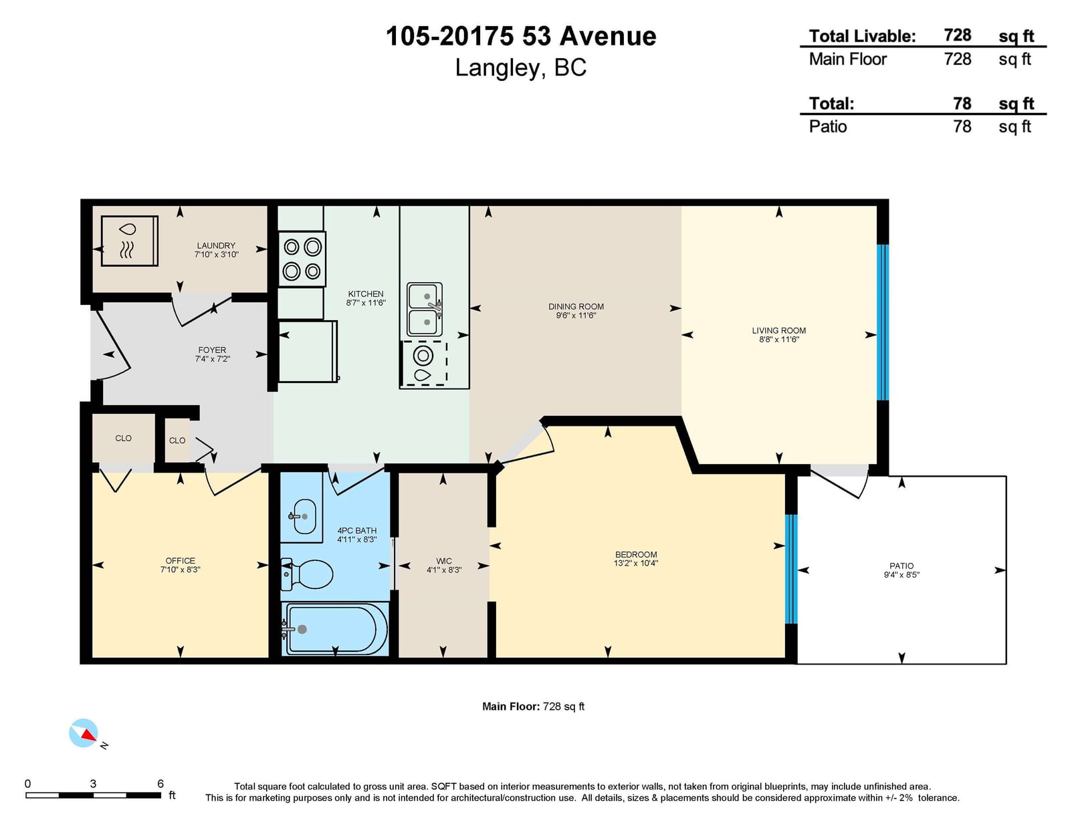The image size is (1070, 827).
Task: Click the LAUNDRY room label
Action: pos(216,245)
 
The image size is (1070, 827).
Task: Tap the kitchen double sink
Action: pos(425,309)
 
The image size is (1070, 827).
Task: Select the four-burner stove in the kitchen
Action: pos(302,259)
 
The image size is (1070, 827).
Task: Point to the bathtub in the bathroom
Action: pos(334,628)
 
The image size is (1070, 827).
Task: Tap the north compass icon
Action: pos(84,733)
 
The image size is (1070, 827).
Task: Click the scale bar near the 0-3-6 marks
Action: pos(93,795)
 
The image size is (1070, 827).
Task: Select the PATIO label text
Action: pos(901,566)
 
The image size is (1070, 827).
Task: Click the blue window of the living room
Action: pos(883,322)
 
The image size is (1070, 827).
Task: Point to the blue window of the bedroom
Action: pos(791,569)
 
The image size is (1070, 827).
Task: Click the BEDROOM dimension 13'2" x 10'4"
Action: pos(636,563)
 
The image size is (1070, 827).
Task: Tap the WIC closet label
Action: pos(443,561)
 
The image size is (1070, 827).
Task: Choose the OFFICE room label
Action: pos(180,560)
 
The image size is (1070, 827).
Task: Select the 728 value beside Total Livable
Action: pos(958,35)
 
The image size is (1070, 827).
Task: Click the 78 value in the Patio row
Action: pos(962,126)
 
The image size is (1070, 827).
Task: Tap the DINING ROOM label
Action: pos(576,306)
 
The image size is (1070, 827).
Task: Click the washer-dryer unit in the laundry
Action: pos(130,241)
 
